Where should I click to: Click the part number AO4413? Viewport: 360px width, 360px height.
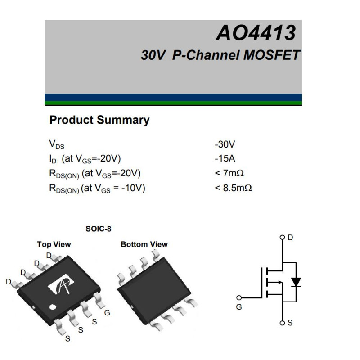click(256, 33)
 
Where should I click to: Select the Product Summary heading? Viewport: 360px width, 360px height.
click(99, 120)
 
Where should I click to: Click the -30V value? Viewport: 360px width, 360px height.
click(225, 144)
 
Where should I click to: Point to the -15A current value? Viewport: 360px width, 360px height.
click(225, 158)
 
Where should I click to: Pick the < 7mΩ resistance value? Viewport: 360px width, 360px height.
click(229, 173)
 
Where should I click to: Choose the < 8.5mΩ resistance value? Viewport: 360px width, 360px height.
click(233, 188)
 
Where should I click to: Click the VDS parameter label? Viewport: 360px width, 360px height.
click(56, 144)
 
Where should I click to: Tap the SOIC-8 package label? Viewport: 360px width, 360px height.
click(98, 229)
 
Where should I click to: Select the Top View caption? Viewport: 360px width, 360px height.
click(54, 244)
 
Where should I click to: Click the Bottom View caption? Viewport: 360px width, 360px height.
click(144, 244)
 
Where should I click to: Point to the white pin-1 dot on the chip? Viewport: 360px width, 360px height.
click(53, 307)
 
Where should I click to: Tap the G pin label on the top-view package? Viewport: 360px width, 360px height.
click(107, 313)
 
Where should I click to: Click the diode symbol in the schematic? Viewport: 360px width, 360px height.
click(296, 282)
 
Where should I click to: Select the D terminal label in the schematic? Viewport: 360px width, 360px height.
click(290, 237)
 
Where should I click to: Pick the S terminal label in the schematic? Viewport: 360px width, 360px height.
click(290, 323)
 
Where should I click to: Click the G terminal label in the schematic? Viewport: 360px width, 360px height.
click(238, 307)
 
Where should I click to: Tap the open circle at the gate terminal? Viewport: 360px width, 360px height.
click(239, 297)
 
